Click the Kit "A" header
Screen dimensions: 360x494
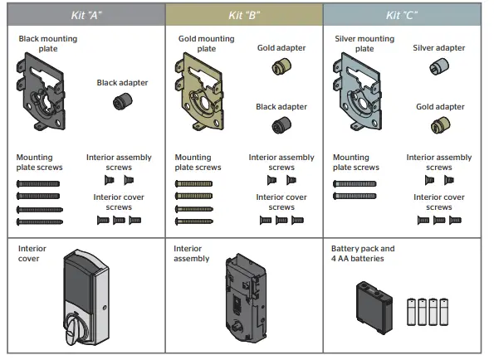[x=84, y=15]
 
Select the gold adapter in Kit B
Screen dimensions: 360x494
[x=281, y=67]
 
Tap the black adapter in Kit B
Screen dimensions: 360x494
[x=281, y=126]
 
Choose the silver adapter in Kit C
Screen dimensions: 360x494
[x=438, y=68]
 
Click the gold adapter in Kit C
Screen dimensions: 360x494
[x=438, y=125]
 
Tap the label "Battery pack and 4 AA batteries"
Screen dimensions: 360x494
[x=363, y=253]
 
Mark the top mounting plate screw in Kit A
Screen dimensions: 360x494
[x=40, y=182]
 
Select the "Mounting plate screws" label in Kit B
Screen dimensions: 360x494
[x=198, y=162]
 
